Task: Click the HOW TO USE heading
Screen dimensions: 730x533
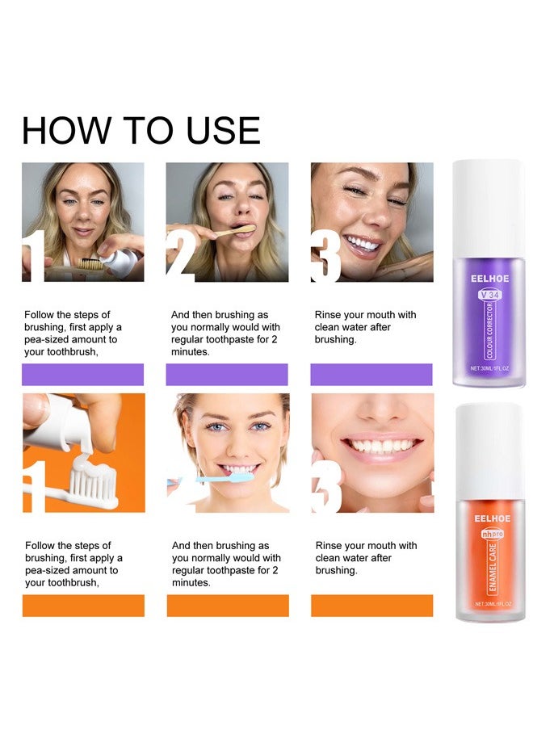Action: tap(141, 131)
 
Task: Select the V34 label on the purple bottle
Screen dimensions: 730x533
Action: tap(490, 295)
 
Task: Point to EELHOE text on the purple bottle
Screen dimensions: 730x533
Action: tap(489, 279)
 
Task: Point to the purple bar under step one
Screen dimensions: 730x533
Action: tap(82, 375)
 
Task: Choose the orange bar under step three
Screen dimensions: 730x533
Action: tap(371, 606)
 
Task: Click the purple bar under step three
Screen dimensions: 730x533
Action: tap(371, 375)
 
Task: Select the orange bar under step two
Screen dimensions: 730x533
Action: tap(228, 606)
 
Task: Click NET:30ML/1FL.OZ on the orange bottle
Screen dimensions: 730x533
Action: tap(489, 604)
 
